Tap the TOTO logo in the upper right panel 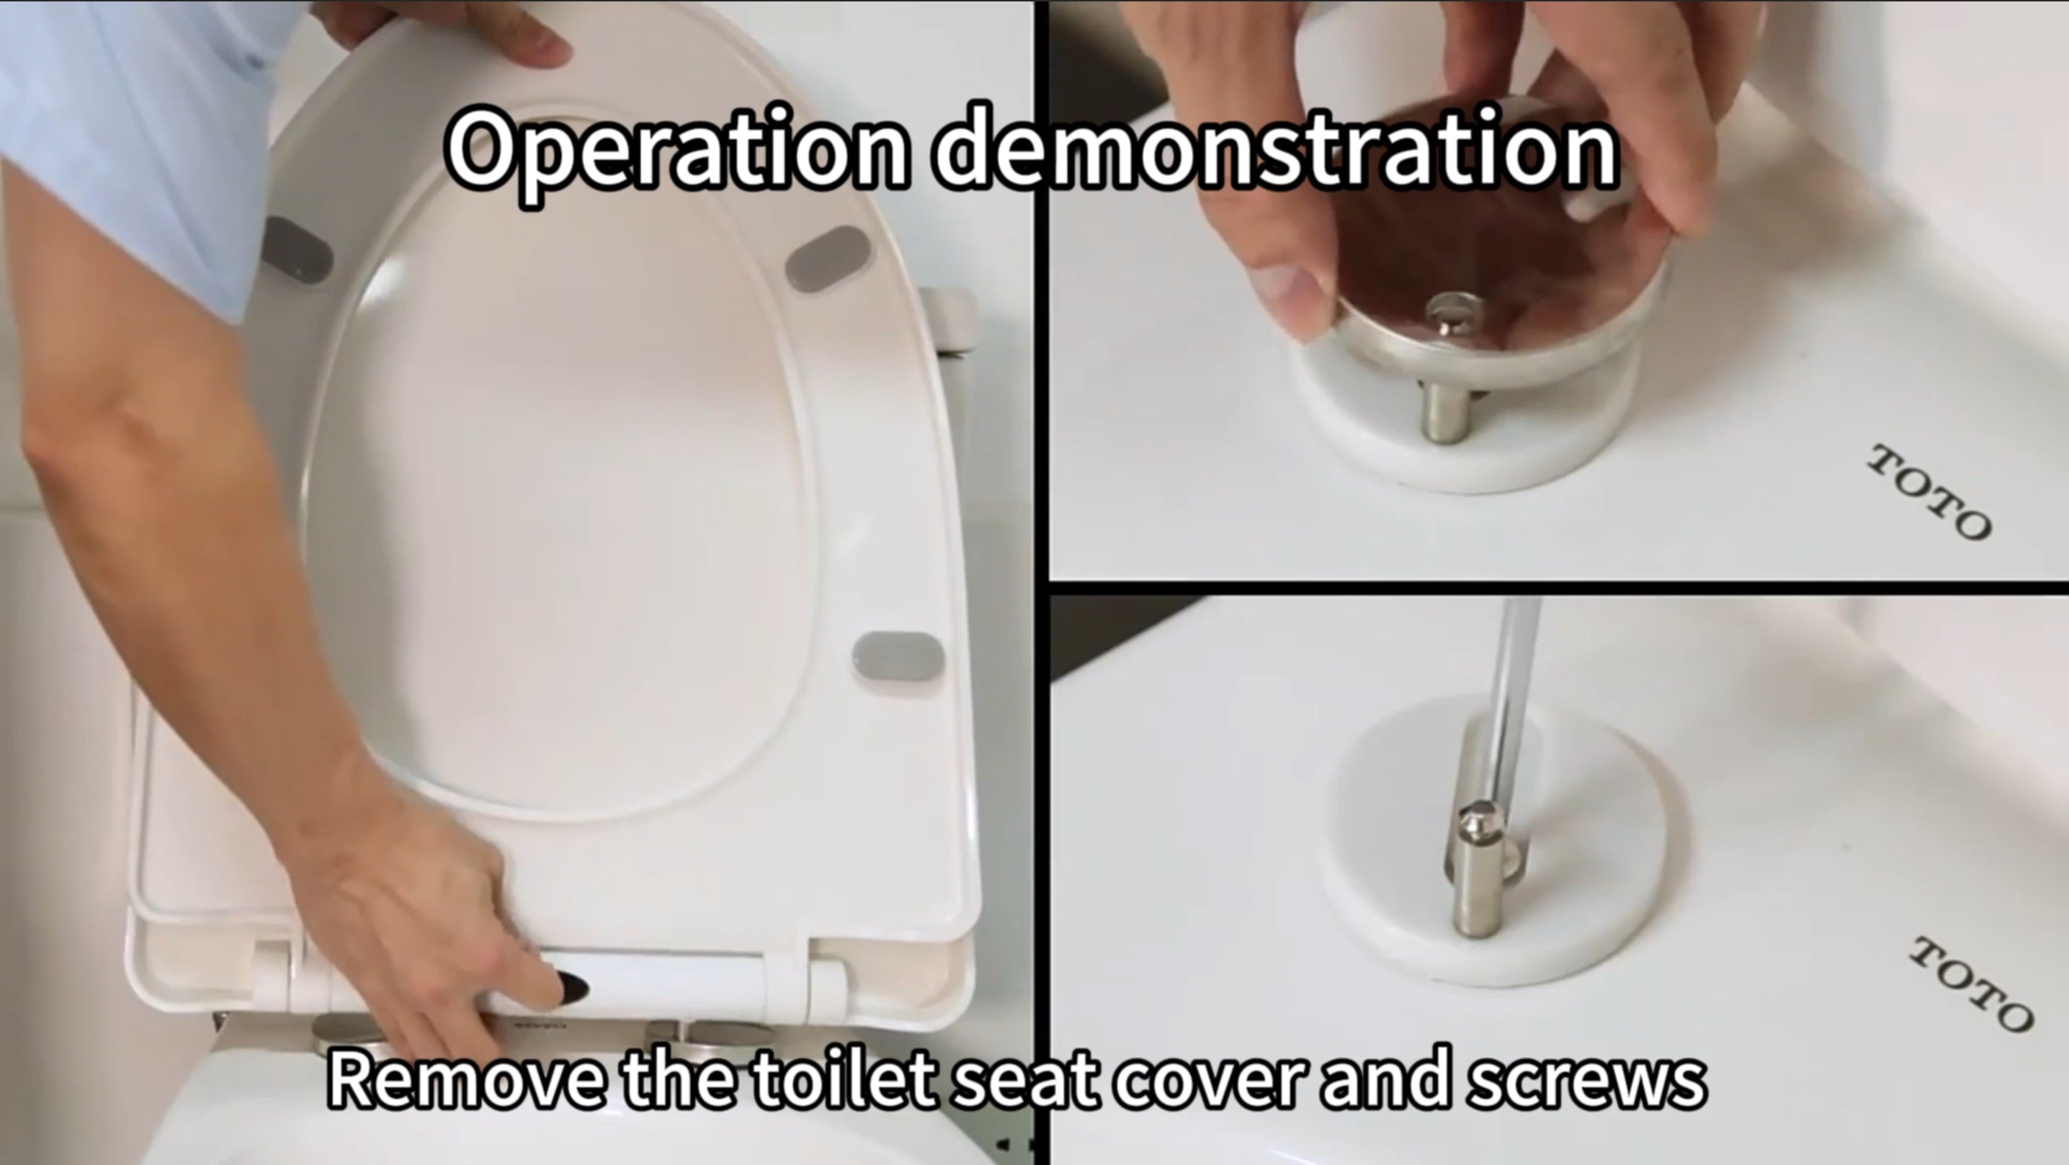click(1929, 491)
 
